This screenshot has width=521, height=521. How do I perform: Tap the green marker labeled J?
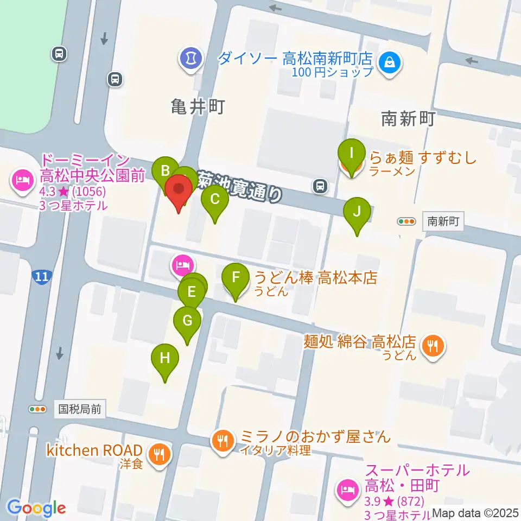coord(357,212)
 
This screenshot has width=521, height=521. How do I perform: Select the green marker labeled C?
coord(215,200)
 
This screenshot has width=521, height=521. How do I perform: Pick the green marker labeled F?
coord(236,278)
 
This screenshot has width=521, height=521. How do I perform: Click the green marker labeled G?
coord(187,321)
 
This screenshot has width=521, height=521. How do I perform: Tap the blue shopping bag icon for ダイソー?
coord(390,63)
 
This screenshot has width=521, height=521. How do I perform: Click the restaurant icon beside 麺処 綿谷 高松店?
coord(433,345)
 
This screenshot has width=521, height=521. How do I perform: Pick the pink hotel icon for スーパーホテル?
coord(346,490)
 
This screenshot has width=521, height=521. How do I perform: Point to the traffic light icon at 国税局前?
coord(38,409)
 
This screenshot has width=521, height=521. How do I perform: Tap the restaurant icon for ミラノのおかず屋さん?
coord(222,440)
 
